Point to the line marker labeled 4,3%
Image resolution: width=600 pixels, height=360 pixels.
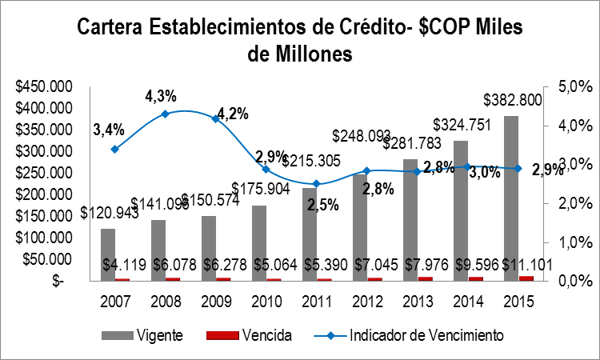tap(165, 114)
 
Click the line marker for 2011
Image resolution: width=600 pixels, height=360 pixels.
tap(316, 184)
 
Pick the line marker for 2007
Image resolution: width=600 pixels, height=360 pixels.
tap(114, 149)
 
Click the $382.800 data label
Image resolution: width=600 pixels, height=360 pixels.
tap(514, 100)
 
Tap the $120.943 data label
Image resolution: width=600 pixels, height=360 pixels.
tap(108, 214)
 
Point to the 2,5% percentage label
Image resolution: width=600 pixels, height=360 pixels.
tap(324, 205)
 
